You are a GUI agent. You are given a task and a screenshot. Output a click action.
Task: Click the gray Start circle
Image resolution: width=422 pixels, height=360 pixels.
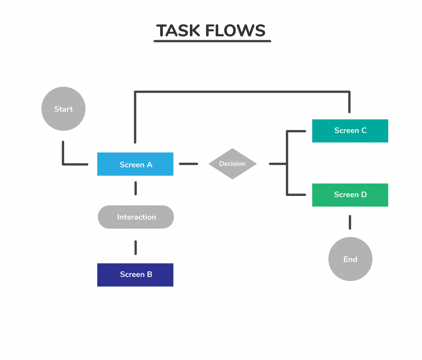(63, 109)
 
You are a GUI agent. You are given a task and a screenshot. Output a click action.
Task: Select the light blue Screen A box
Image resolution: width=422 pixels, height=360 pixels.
(135, 164)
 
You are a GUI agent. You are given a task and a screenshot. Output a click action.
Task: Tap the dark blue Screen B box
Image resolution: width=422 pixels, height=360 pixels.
(135, 275)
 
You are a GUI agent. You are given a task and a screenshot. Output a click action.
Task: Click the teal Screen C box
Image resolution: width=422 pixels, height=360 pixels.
(350, 131)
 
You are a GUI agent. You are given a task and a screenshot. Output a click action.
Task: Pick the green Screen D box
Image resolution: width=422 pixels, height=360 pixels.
(350, 195)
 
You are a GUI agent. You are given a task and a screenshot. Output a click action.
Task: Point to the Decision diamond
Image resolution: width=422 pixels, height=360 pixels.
(233, 164)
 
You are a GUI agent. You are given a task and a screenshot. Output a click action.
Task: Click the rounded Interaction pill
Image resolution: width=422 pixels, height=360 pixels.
(136, 217)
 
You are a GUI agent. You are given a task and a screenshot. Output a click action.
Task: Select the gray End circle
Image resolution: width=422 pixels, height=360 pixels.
(350, 259)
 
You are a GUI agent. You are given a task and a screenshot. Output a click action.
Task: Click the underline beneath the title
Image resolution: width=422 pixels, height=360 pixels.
(212, 41)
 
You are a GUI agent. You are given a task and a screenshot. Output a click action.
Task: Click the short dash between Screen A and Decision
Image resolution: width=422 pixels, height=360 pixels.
(189, 164)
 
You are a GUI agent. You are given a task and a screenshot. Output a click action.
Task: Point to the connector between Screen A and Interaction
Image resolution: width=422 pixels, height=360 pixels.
(136, 189)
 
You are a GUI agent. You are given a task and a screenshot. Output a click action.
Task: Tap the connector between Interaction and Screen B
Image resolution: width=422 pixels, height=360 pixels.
(136, 247)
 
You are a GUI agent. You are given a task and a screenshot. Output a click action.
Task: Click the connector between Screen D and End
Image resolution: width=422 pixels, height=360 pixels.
(350, 222)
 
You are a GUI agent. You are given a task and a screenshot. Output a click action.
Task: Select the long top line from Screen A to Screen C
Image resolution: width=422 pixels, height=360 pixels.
(241, 91)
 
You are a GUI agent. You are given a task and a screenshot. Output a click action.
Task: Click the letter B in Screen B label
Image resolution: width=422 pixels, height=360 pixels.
(149, 275)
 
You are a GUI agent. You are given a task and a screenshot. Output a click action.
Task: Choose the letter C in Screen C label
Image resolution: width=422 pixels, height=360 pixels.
(364, 131)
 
